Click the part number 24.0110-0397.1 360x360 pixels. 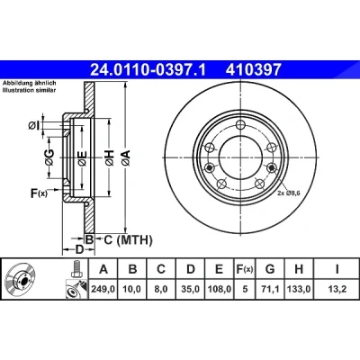click(148, 70)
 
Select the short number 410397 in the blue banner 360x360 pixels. click(254, 70)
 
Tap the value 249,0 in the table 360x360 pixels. click(103, 290)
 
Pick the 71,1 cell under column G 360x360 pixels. click(270, 290)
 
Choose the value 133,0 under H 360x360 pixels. click(299, 290)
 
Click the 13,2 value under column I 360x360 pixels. click(337, 290)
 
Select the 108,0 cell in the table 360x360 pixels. click(220, 290)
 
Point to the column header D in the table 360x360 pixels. click(191, 269)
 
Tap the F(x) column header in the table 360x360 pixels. click(245, 269)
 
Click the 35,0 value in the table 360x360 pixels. click(191, 290)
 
